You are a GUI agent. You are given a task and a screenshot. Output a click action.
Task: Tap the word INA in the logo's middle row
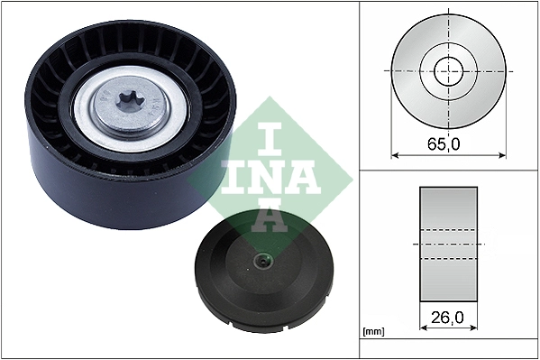click(261, 176)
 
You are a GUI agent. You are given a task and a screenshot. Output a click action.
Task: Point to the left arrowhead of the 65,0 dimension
click(396, 154)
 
